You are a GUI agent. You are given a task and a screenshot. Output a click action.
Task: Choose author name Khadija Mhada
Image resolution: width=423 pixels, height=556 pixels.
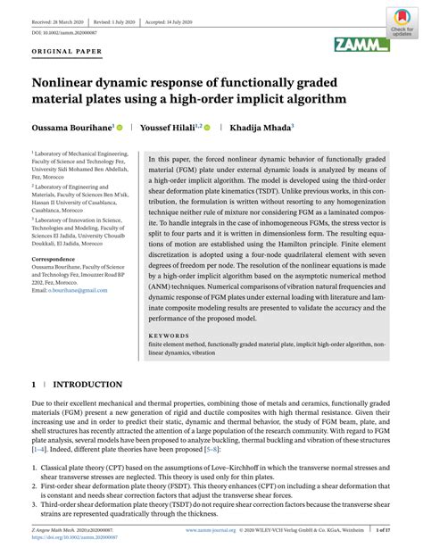coord(259,129)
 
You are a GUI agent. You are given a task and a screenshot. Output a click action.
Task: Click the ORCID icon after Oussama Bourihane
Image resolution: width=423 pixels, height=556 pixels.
coord(118,129)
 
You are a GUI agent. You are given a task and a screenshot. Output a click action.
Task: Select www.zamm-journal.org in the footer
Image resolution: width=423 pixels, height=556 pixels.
coord(210,528)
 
